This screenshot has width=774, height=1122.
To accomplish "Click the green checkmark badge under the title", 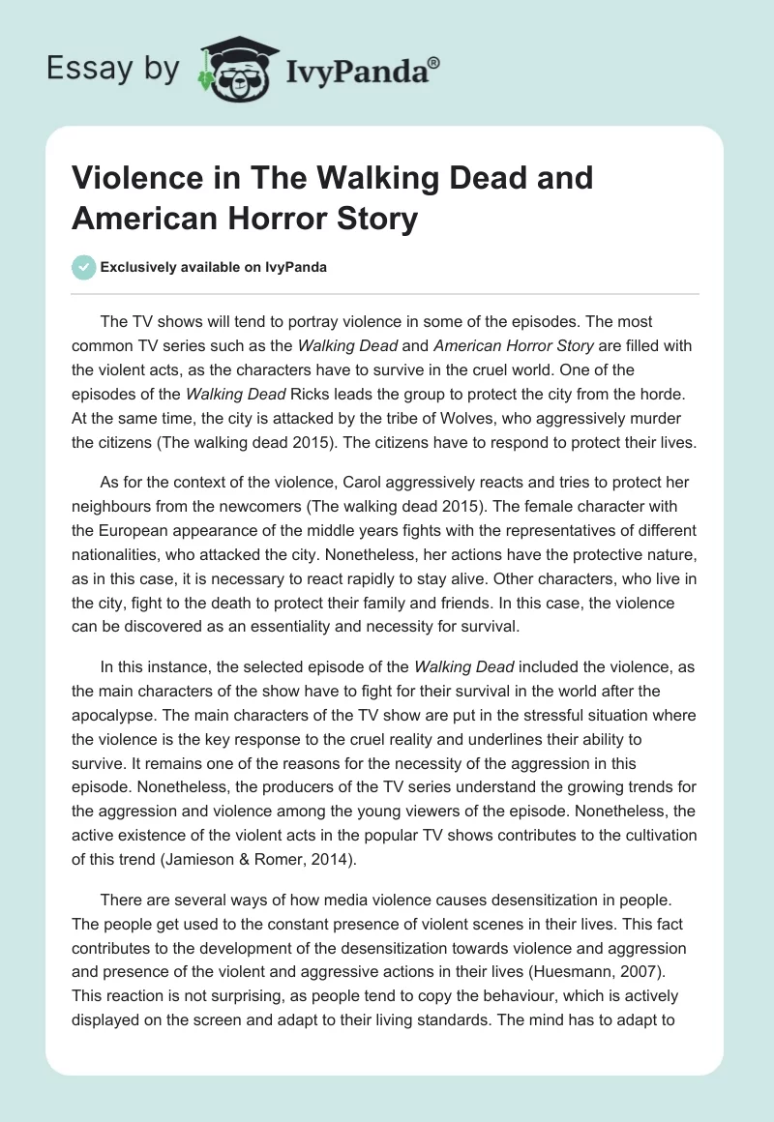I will pos(84,267).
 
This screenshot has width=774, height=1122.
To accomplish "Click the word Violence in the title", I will pos(138,180).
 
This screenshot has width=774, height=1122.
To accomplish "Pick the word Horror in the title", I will pos(269,218).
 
